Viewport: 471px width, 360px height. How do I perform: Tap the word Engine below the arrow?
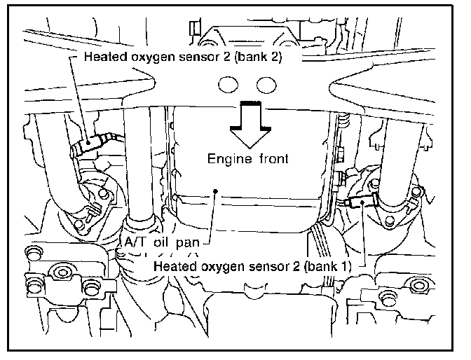[227, 158]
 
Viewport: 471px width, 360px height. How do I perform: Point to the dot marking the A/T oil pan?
[218, 190]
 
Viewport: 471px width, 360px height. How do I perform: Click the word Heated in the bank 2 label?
[103, 57]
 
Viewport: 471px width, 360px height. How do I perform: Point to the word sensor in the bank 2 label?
[198, 57]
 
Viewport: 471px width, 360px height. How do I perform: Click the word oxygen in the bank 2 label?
[152, 57]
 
